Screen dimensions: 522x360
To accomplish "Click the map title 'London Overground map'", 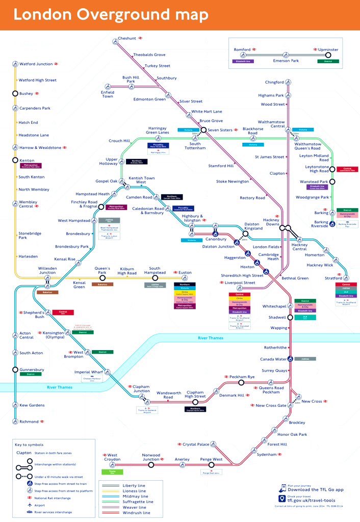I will [111, 15].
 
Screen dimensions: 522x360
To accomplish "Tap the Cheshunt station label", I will [127, 38].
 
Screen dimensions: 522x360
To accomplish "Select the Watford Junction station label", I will [36, 64].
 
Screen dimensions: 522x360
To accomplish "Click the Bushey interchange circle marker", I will [15, 94].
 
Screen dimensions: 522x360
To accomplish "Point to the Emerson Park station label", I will [286, 61].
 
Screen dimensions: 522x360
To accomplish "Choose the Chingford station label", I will [274, 82].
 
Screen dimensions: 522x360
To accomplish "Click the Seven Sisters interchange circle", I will [203, 130].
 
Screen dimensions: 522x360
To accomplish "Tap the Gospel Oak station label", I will [106, 181].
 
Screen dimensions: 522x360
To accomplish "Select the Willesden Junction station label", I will [47, 270].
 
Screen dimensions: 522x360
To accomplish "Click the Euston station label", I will [185, 273].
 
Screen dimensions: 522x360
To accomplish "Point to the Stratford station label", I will [333, 278].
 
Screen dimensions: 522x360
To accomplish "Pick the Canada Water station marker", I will [290, 358].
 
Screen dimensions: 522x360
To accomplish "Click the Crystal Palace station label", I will [196, 445].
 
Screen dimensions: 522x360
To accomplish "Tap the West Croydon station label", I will [112, 457].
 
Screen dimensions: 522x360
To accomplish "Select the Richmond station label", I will [29, 422].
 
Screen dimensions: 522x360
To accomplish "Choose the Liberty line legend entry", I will [134, 485].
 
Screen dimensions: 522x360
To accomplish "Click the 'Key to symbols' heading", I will [29, 445].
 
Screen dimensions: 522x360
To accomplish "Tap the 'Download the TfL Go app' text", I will [316, 489].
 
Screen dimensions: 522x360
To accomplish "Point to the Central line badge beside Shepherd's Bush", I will [63, 312].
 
